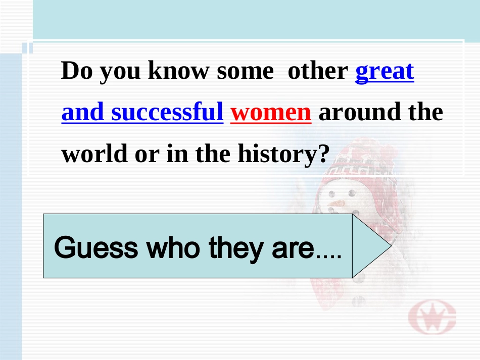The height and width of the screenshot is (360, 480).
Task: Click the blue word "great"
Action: coord(385,72)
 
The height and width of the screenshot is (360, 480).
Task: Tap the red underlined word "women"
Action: coord(271,113)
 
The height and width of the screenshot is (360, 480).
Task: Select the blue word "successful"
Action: coord(167,113)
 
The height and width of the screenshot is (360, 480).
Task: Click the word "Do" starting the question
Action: coord(75,71)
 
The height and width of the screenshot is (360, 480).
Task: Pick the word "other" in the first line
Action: coord(317,71)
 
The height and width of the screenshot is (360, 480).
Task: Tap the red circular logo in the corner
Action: coord(432,319)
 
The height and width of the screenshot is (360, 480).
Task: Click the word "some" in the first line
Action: coord(244,71)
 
